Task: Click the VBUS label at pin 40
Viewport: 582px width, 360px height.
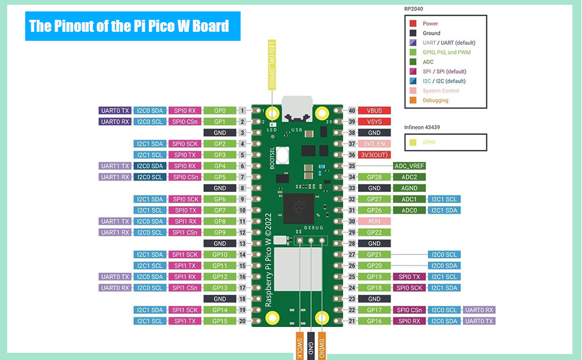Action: (x=374, y=110)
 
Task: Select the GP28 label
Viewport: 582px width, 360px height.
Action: (x=374, y=177)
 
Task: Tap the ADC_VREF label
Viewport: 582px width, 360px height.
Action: (x=409, y=166)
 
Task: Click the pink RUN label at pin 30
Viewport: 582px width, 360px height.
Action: (x=374, y=221)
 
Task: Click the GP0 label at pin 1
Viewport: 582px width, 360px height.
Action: (x=220, y=110)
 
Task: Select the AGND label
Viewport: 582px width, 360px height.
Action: (x=409, y=188)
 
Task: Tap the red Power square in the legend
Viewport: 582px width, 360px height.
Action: (x=413, y=23)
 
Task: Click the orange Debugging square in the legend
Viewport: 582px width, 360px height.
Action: (x=413, y=100)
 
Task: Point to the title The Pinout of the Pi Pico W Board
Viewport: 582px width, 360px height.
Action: (x=132, y=26)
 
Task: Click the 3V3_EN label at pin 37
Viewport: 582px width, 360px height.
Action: (x=374, y=143)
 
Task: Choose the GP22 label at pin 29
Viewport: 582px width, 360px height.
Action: (x=374, y=232)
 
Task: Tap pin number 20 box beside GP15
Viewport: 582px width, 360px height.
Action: (x=242, y=321)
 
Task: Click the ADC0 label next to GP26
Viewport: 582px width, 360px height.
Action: (x=409, y=210)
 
